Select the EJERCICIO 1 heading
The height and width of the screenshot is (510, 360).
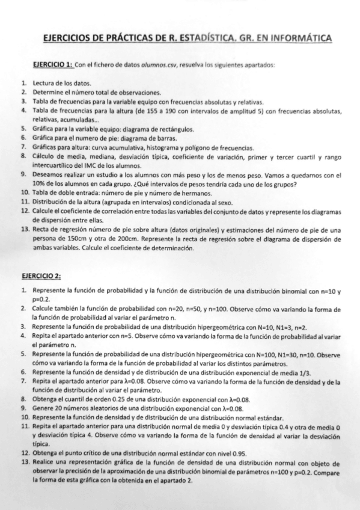54,64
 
